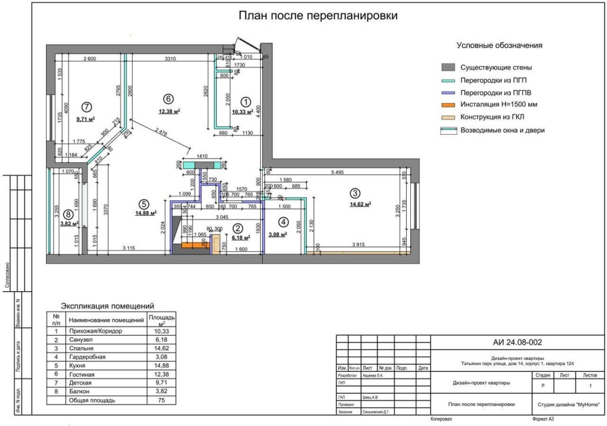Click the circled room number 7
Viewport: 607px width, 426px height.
[x=86, y=106]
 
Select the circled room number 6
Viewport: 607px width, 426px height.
[x=168, y=98]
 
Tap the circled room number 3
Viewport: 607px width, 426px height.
[x=355, y=193]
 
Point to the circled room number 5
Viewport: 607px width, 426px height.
[x=143, y=204]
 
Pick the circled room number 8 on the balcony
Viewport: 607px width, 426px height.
[x=68, y=214]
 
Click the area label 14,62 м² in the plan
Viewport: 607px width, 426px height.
[x=360, y=205]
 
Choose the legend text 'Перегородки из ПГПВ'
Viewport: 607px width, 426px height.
[x=496, y=93]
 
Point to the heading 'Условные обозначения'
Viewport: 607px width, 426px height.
[x=499, y=45]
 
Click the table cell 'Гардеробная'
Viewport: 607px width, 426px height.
[x=89, y=357]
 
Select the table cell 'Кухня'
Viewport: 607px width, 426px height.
[x=78, y=366]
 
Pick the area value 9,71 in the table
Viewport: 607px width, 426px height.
[x=161, y=383]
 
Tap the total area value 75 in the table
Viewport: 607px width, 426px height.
[x=161, y=401]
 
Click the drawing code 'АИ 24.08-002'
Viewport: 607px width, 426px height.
[x=517, y=343]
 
